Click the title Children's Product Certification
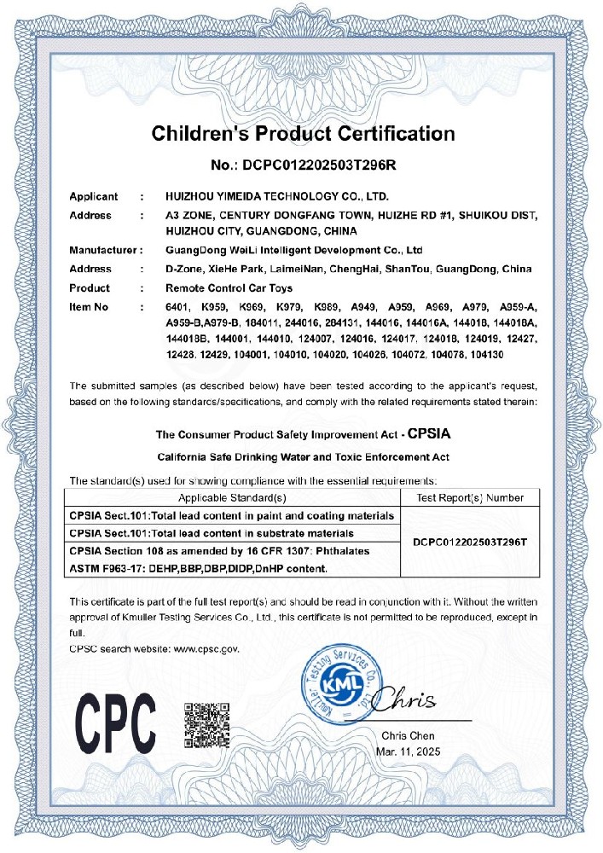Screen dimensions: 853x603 [x=303, y=133]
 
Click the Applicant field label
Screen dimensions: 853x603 [x=94, y=197]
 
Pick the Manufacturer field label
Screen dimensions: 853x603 [x=102, y=251]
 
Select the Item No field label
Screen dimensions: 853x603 [x=90, y=305]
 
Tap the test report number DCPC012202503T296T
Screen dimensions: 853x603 [x=469, y=542]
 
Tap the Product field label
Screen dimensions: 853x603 [x=90, y=287]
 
